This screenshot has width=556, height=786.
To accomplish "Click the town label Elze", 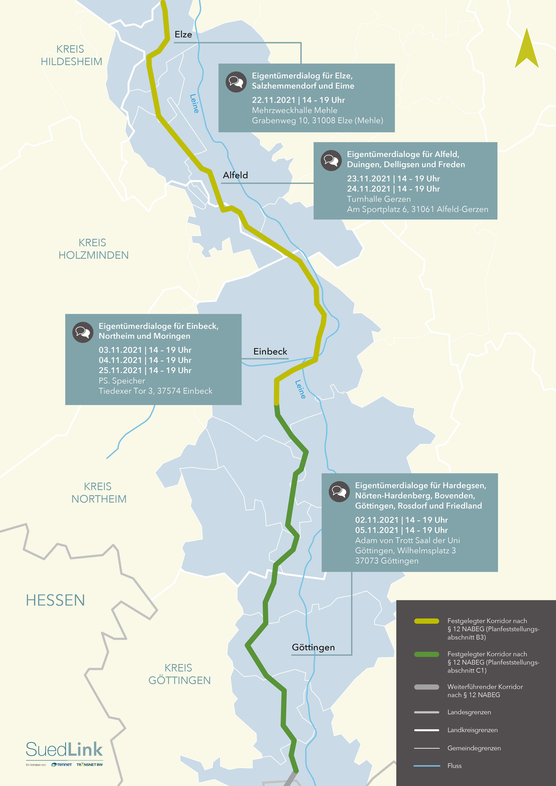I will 183,35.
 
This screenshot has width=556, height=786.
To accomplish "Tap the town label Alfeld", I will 235,175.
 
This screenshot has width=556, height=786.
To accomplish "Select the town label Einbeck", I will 270,352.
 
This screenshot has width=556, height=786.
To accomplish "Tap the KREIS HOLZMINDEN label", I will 93,249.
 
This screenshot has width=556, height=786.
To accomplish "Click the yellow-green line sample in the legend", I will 427,621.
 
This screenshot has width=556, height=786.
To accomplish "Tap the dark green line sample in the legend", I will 427,654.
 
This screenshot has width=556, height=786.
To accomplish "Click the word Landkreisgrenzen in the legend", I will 472,730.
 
